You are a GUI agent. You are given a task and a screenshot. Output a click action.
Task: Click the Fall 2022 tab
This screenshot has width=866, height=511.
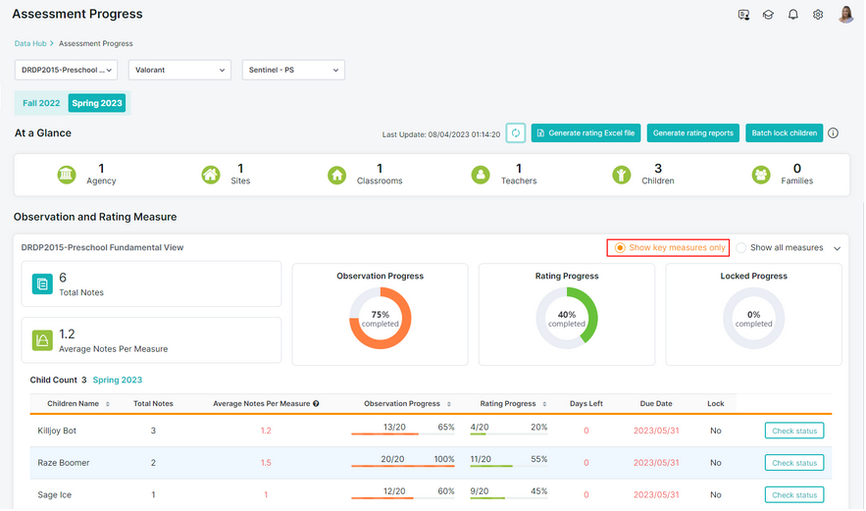(41, 103)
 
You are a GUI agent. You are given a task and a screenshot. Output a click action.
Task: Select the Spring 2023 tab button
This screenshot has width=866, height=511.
(97, 103)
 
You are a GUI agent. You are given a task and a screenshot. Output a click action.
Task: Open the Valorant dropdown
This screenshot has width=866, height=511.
(179, 71)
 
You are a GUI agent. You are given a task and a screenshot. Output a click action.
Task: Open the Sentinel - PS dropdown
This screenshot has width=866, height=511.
(293, 71)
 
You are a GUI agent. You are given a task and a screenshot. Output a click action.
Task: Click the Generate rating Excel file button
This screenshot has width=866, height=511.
(586, 133)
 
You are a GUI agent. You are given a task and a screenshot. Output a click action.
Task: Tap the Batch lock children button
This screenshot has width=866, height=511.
(784, 133)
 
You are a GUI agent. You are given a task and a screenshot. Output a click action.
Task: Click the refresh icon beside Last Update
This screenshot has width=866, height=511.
(515, 133)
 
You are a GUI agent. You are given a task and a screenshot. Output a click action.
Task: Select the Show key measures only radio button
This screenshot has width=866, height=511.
(620, 248)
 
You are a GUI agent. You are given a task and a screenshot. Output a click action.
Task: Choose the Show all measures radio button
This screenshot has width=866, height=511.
(741, 248)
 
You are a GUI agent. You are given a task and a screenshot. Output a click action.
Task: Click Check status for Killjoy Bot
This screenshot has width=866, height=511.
(794, 431)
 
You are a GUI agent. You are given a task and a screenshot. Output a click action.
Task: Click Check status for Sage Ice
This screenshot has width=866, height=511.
(794, 495)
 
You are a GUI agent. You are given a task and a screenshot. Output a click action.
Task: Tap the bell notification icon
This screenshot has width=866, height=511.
(793, 15)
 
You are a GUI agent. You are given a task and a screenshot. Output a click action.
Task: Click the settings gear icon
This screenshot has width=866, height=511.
(818, 15)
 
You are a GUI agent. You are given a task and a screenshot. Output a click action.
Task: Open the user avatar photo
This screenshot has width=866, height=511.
(845, 15)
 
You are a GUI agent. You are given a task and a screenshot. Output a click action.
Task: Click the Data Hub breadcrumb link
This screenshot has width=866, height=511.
(30, 43)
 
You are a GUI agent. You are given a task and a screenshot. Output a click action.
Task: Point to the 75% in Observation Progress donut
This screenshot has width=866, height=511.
(380, 314)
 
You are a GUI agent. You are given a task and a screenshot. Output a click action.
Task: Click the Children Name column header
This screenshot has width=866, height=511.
(73, 404)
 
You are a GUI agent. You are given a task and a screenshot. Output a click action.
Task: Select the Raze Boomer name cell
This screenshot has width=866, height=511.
(64, 463)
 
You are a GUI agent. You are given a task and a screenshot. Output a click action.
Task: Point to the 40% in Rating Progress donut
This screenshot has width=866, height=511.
(567, 314)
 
